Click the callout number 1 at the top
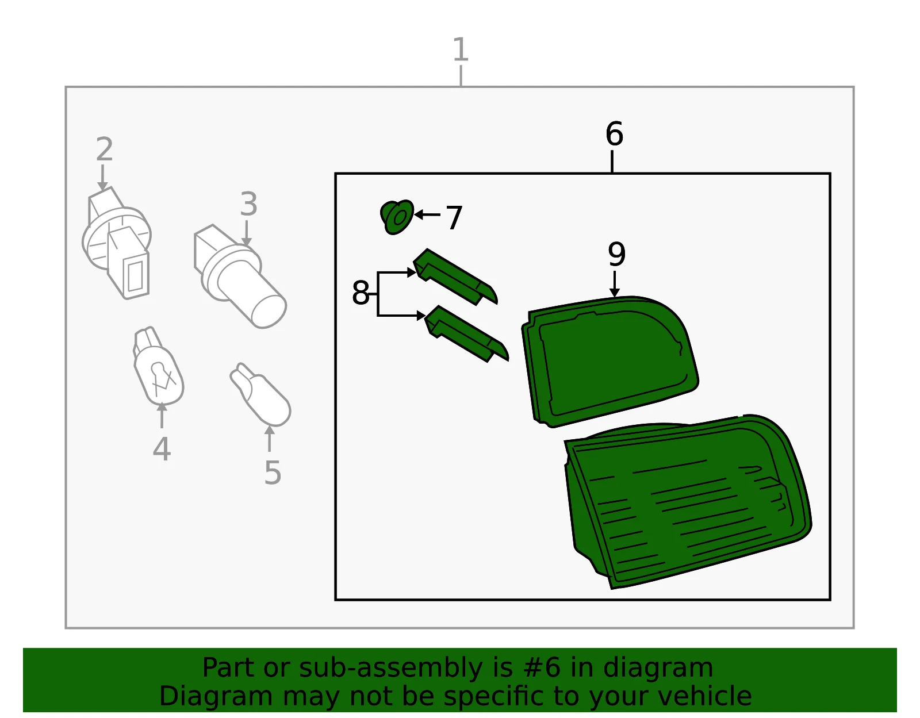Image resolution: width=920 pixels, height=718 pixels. (x=461, y=49)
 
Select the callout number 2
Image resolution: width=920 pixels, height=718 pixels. (x=105, y=149)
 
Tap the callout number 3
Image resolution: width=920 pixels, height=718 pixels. (x=248, y=204)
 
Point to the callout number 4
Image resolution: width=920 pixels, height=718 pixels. (x=162, y=448)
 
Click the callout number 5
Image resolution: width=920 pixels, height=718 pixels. (x=273, y=472)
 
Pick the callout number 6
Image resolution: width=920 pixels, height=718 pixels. (x=614, y=134)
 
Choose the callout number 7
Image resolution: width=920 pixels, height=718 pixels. (x=454, y=217)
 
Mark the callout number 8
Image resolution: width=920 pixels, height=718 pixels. (x=361, y=293)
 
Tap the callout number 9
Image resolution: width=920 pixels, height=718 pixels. (x=616, y=254)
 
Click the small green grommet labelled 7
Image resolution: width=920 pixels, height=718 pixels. (x=397, y=217)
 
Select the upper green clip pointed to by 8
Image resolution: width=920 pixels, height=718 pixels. (x=455, y=277)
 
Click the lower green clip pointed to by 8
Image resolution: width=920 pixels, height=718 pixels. (x=466, y=334)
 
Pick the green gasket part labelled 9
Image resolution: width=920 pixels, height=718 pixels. (x=609, y=362)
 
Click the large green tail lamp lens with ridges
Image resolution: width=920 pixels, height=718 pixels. (x=688, y=501)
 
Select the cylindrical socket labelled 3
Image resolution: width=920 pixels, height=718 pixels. (x=240, y=277)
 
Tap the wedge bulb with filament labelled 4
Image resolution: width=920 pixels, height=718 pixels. (x=158, y=366)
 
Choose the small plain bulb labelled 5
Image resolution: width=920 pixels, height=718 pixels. (x=260, y=394)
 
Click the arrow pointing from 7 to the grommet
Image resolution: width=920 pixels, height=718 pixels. (x=427, y=215)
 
